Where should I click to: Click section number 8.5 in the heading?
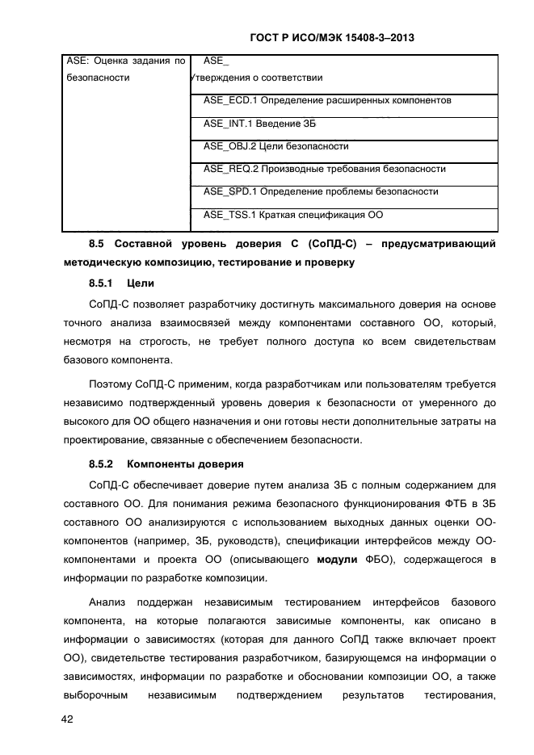tap(97, 243)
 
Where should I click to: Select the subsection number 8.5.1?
tap(101, 283)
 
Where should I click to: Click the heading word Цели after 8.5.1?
tap(141, 283)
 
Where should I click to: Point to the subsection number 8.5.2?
tap(101, 463)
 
